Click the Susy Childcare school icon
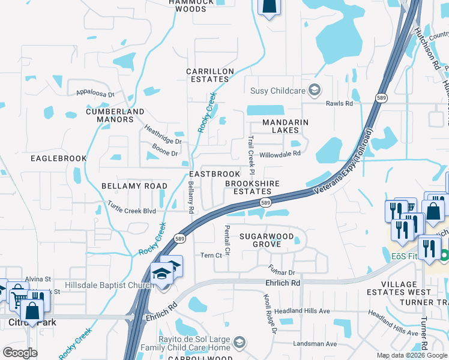313,91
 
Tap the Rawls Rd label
339,103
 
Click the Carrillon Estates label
209,75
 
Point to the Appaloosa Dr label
95,93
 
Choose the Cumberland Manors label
115,115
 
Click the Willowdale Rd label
279,154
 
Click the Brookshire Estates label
248,187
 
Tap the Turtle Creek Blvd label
131,208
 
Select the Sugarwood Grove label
268,240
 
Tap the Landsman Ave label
315,344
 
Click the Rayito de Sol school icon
239,343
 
